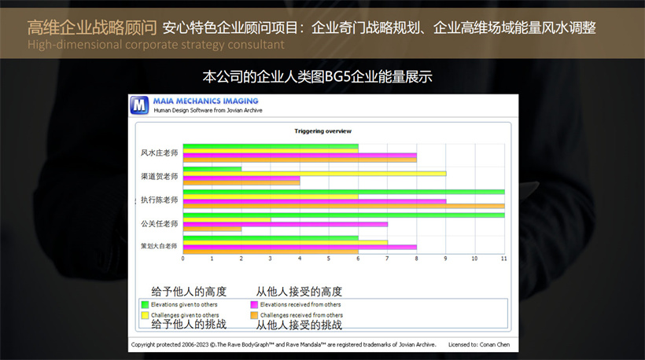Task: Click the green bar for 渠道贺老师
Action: pos(212,169)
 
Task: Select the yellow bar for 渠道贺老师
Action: pos(315,174)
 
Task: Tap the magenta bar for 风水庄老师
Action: pos(300,156)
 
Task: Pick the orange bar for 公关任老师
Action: pos(212,229)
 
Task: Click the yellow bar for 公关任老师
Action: pos(227,220)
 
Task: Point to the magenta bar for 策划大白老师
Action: pos(300,248)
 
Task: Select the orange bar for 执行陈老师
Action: pos(344,206)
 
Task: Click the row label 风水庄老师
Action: pos(159,152)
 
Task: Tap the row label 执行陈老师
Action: pos(159,200)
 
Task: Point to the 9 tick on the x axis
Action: pos(445,259)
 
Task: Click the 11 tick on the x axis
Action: pos(504,259)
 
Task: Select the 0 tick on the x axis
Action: pos(183,259)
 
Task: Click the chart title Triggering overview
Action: pos(323,131)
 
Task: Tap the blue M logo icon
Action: pos(139,105)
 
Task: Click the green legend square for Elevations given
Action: pos(145,304)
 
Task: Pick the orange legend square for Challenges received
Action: pos(254,315)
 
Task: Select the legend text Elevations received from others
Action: pos(300,304)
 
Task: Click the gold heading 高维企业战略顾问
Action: pos(92,28)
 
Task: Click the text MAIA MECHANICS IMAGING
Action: pos(205,101)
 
